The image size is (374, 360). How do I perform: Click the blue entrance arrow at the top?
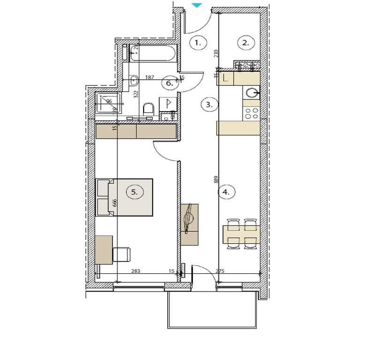197,5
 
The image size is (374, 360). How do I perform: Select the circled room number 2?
245,43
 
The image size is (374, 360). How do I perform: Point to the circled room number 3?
209,105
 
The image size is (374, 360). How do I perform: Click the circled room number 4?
227,192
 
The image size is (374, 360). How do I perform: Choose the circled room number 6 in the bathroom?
169,83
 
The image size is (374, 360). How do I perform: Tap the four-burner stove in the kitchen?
251,112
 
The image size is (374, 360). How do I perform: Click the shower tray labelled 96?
108,103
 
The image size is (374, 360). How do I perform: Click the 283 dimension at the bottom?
136,271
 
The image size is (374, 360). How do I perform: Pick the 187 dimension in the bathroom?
150,77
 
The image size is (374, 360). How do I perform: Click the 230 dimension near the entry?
216,53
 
